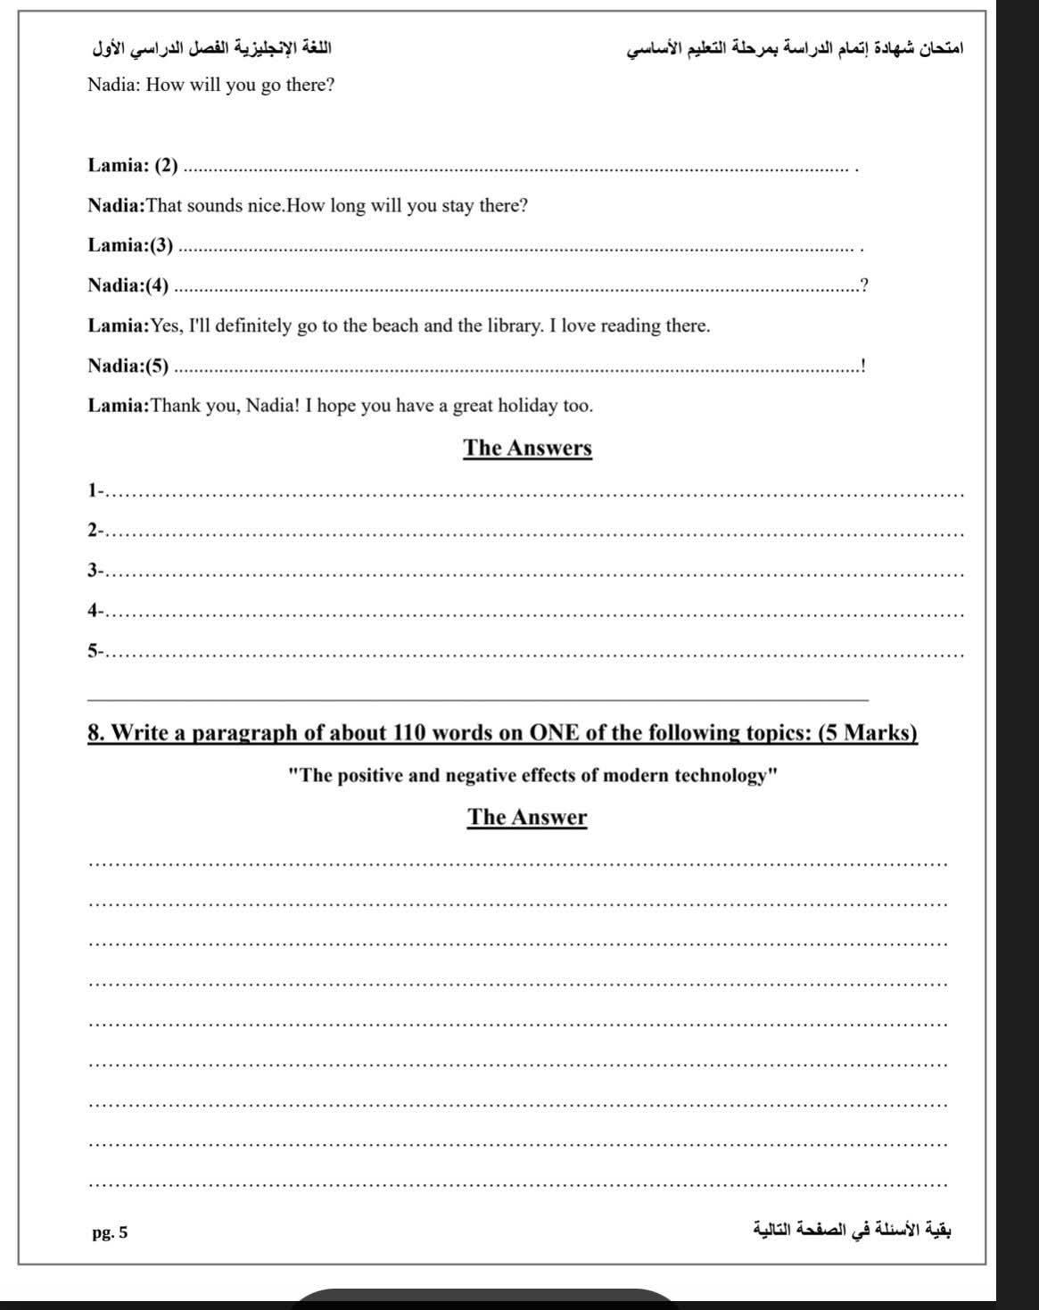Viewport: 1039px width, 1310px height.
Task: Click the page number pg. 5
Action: pos(110,1233)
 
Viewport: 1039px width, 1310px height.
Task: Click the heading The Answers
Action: pos(527,448)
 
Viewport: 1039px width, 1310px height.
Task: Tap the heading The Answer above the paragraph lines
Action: pos(527,817)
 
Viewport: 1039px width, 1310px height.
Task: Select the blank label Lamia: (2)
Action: pos(132,165)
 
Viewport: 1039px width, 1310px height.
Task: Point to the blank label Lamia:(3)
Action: pos(130,245)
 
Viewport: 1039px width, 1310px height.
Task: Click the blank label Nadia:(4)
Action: pos(128,285)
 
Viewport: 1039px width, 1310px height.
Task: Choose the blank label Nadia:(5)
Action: pos(128,366)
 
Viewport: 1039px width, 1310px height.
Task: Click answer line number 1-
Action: pos(95,490)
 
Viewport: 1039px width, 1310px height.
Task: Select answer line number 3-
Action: pos(95,570)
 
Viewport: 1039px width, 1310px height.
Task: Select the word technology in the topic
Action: pos(724,775)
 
